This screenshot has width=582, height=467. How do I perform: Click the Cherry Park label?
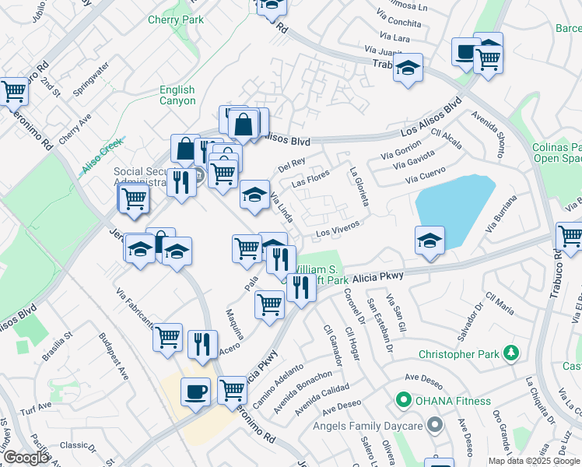point(175,19)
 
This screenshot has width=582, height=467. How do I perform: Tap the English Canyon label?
point(177,95)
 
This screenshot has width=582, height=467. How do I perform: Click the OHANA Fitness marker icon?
point(403,401)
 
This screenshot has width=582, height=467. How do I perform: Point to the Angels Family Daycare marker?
point(434,425)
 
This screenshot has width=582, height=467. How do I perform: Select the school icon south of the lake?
point(429,241)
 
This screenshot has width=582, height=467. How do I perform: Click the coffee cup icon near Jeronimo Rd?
point(195,391)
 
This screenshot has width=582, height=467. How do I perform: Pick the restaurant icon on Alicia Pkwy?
point(300,286)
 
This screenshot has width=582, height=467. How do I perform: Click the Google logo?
point(26,458)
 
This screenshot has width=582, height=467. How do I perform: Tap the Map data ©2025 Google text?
point(534,461)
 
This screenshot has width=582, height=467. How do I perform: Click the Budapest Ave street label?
point(114,356)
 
